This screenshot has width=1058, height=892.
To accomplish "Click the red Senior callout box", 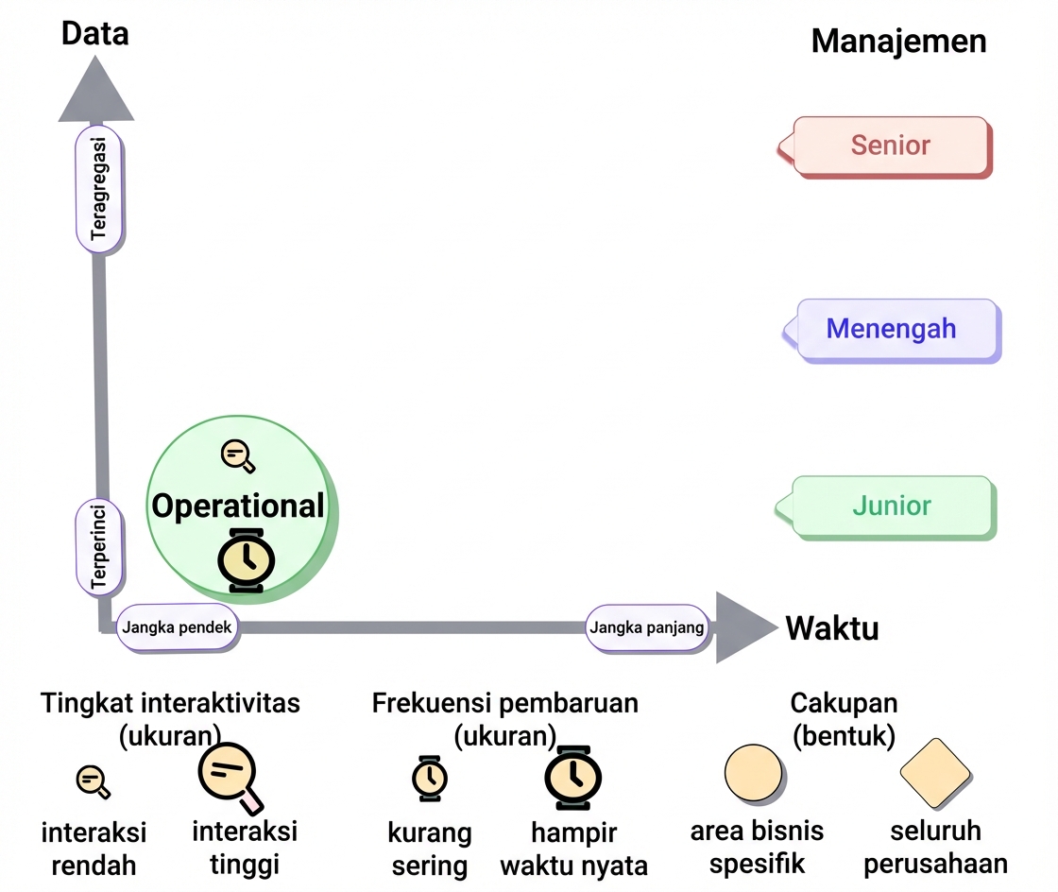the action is pos(885,146).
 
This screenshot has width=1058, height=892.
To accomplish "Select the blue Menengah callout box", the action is pos(892,329).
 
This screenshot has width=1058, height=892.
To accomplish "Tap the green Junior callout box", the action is pos(887,506).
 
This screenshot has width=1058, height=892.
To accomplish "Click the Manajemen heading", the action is pos(898,42).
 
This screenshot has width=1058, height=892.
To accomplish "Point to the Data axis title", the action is pos(95,34).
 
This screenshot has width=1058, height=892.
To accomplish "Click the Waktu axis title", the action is pos(832,628).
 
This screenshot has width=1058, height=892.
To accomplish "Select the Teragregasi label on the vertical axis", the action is pos(99,189).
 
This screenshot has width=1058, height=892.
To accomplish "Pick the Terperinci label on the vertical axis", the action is pos(99,546).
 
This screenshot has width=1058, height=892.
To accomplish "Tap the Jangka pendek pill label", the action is pos(177,627).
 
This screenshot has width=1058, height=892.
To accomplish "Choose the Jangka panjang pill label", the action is pos(647,627).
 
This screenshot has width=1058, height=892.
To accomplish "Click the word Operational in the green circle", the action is pos(238,506).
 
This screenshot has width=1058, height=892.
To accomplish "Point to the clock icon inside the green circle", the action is pos(247,560).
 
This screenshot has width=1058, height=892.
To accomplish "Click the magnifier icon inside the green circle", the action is pos(238,456).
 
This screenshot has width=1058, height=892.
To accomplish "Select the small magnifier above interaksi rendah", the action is pos(94,782).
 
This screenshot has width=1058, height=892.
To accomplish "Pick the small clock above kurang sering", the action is pos(430,779).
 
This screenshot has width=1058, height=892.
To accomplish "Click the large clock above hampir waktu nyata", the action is pos(573,778).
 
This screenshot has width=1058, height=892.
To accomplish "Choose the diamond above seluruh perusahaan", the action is pos(935,773).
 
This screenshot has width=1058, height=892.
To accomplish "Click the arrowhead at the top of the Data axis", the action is pos(95,89).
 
